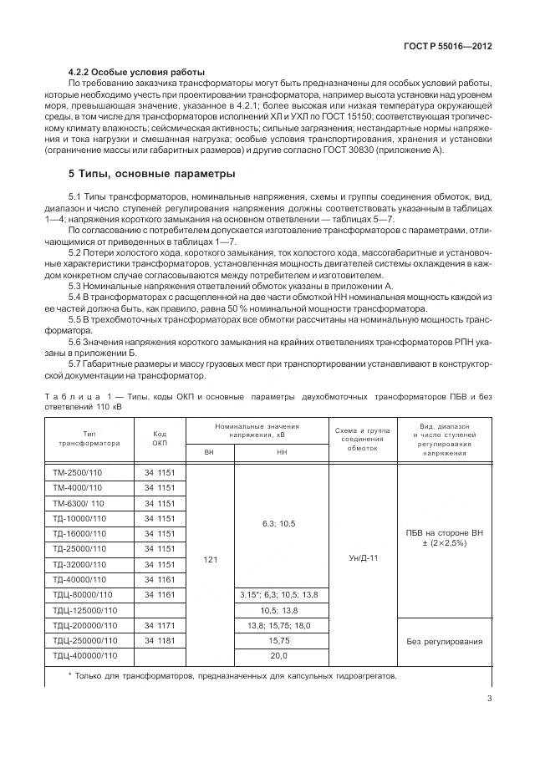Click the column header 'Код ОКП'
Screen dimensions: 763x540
(160, 439)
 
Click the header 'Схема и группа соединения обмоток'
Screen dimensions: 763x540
(362, 439)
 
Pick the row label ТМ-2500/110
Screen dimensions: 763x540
(77, 473)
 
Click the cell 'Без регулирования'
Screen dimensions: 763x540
(444, 640)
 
